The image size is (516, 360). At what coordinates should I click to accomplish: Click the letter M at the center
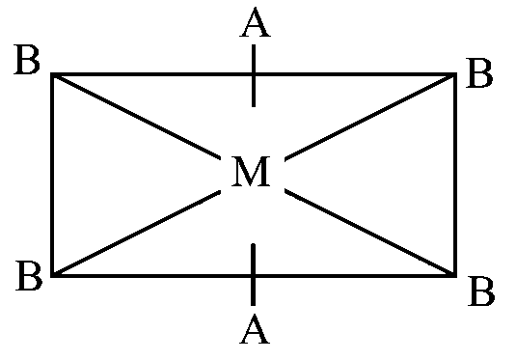tap(251, 172)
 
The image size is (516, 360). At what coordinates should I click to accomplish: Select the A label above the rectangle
tap(256, 22)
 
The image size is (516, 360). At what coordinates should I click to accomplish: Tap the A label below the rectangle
tap(255, 329)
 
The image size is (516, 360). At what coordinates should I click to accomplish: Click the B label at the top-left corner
tap(27, 60)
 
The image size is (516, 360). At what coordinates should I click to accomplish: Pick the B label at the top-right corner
tap(479, 73)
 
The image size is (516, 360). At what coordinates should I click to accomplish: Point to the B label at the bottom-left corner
tap(29, 276)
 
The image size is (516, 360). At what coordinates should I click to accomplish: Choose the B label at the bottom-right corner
tap(481, 291)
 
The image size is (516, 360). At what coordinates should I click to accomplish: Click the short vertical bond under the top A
tap(254, 75)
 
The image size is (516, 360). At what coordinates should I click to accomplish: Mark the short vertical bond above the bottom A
tap(253, 274)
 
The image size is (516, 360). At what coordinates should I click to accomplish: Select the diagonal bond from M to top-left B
tap(137, 117)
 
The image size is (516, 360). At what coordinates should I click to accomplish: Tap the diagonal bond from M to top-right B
tap(370, 117)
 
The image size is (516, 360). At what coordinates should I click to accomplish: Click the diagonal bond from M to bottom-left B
tap(137, 233)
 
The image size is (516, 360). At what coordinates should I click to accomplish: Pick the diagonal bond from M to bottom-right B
tap(370, 233)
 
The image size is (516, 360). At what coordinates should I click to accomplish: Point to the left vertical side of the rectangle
tap(52, 175)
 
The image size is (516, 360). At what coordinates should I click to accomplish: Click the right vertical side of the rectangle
tap(455, 175)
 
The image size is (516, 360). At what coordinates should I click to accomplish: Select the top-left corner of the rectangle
tap(52, 74)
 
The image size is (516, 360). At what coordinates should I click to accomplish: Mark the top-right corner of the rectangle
tap(455, 74)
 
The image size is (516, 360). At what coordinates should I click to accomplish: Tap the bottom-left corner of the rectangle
tap(52, 275)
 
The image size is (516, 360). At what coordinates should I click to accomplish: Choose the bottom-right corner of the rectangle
tap(455, 275)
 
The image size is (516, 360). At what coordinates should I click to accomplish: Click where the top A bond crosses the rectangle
tap(254, 74)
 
